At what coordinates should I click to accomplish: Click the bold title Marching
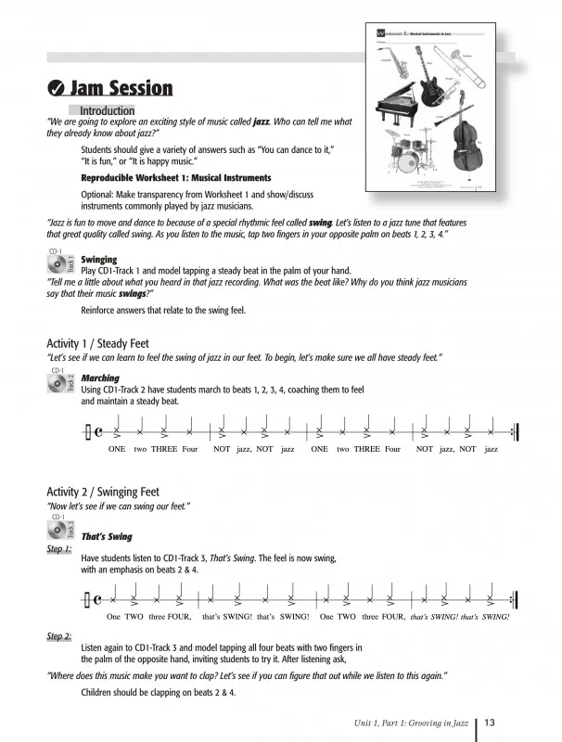(99, 378)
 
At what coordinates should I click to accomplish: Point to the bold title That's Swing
(107, 536)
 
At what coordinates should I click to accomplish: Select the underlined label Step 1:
(59, 549)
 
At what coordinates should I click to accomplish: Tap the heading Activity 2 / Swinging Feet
(103, 492)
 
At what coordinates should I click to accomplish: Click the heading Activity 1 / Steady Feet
(97, 343)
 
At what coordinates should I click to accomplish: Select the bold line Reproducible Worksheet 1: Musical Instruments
(176, 177)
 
